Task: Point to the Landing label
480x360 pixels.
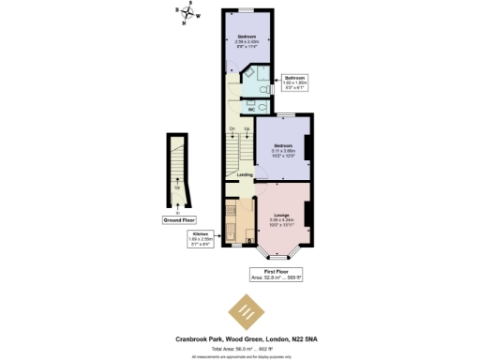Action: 244,174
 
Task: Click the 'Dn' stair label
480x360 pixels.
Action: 232,127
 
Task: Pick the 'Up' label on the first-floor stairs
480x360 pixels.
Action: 247,127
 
